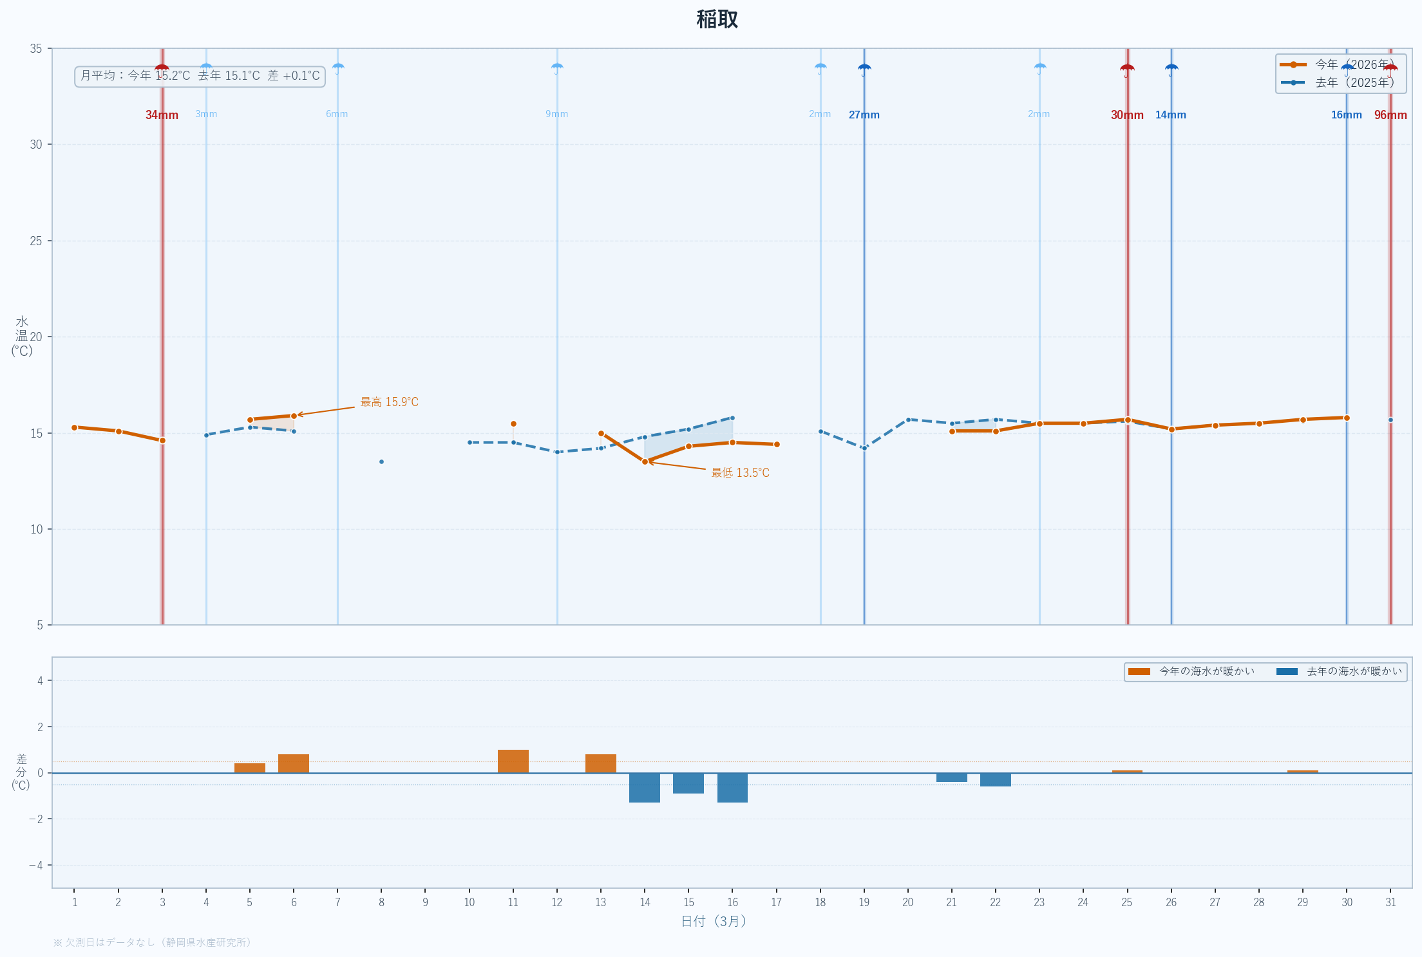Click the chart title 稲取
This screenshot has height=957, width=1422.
tap(717, 20)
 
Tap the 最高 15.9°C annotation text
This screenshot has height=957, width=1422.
tap(389, 402)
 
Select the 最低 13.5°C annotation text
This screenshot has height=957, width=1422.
tap(740, 473)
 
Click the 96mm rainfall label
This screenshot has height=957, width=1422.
tap(1390, 115)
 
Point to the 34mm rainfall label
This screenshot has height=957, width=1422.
tap(162, 115)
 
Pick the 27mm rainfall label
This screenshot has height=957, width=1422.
tap(864, 115)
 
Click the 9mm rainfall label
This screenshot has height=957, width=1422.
tap(556, 114)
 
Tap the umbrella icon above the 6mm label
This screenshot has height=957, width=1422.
tap(337, 68)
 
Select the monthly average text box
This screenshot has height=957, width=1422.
tap(200, 76)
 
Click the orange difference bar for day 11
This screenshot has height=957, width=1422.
tap(513, 761)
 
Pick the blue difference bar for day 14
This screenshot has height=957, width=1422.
tap(645, 788)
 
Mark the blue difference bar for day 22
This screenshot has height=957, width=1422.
tap(995, 779)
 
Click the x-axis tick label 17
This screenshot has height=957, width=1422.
tap(776, 902)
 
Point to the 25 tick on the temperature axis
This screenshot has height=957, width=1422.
tap(36, 241)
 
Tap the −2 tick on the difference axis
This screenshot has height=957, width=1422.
tap(36, 819)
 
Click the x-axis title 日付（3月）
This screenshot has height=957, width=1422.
tap(714, 922)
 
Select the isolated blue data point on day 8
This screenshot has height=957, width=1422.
tap(381, 461)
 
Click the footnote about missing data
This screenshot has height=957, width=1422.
tap(152, 942)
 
